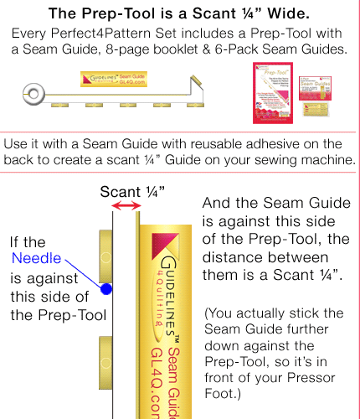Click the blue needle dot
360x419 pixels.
coord(106,289)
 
